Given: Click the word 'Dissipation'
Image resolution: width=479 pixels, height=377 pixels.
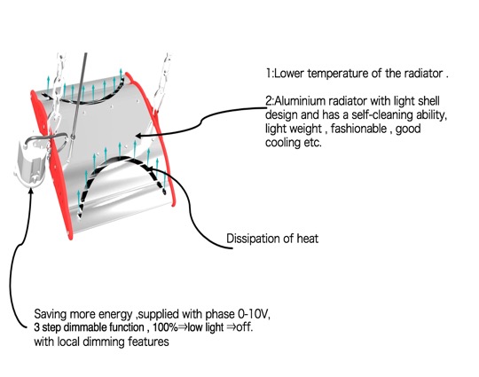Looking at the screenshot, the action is point(254,239).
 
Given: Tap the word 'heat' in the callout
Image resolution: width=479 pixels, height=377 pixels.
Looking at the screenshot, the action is point(308,239).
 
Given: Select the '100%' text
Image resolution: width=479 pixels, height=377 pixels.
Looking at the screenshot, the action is point(165,327).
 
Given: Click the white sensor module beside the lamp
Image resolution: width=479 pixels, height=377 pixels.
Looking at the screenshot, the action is point(31,163).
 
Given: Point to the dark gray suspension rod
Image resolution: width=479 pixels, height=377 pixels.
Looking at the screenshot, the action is point(80,95).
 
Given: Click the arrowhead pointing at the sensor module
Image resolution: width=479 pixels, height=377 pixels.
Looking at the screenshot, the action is point(30,191).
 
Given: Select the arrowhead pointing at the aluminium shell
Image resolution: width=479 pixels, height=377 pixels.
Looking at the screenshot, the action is point(138,136).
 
